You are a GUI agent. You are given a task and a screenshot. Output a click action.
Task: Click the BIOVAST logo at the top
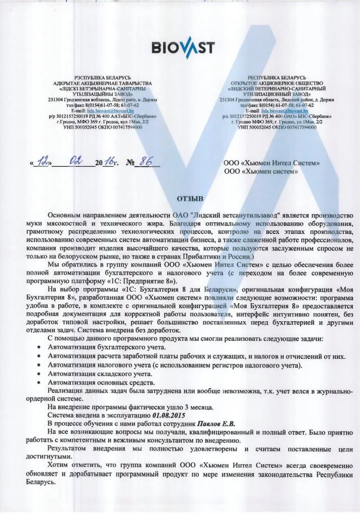183,48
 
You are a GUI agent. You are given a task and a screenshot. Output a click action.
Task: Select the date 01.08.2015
168,416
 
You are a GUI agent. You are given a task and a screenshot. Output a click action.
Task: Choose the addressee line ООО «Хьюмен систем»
261,172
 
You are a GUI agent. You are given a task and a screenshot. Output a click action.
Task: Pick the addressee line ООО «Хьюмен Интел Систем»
271,164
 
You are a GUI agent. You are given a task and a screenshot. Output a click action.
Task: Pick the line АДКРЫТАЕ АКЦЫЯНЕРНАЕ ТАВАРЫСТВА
102,83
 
